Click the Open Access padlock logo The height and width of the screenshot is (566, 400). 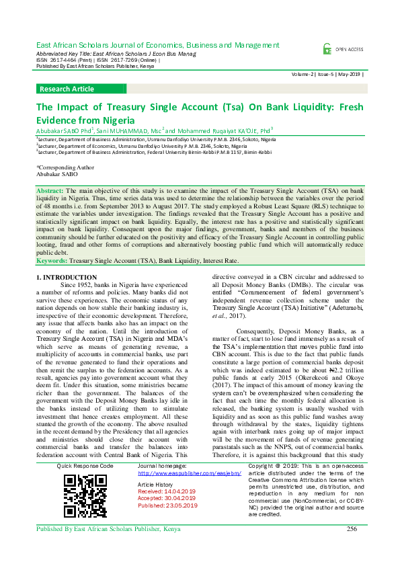pos(327,49)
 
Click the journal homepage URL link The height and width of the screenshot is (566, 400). pos(179,473)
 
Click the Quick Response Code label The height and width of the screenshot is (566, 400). pos(85,466)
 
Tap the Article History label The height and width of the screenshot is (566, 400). pos(155,485)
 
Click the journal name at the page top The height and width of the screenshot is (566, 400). pos(156,44)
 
